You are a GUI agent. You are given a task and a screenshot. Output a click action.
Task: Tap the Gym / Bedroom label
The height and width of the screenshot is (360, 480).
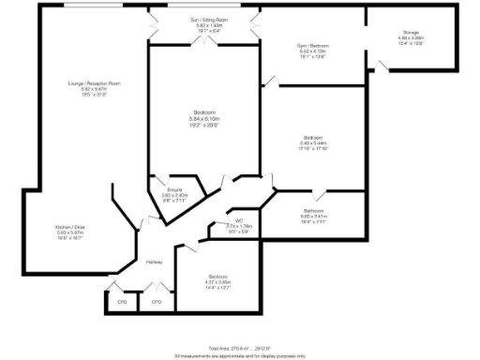click(x=306, y=45)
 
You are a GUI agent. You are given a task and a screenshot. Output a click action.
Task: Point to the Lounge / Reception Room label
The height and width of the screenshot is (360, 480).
click(x=94, y=83)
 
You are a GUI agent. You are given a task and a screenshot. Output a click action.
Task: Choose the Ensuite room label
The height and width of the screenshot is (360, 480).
click(x=174, y=190)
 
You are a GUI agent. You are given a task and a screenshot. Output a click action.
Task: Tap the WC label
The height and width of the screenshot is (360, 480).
click(x=240, y=221)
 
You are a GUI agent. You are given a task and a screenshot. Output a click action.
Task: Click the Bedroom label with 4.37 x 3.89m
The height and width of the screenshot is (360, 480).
click(x=217, y=277)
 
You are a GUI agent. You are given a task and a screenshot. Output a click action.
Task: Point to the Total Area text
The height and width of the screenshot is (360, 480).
click(x=240, y=346)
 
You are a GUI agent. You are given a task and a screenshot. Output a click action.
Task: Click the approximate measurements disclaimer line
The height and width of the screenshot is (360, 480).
click(x=240, y=354)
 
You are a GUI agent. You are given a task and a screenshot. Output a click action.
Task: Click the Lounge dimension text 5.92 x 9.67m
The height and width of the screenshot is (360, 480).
click(x=94, y=89)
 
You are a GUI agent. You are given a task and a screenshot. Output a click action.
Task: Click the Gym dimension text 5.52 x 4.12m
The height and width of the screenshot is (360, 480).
click(x=306, y=51)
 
